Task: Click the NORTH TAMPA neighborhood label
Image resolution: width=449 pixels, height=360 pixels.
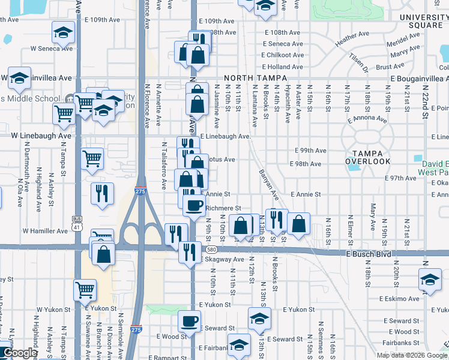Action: (x=257, y=78)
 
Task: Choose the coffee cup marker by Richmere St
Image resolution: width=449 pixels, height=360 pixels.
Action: (x=193, y=205)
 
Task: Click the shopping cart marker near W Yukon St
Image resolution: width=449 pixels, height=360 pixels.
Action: (x=85, y=290)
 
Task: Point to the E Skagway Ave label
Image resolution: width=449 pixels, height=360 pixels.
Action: (x=221, y=259)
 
